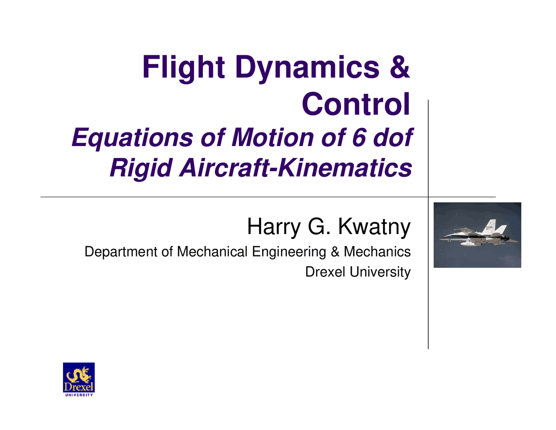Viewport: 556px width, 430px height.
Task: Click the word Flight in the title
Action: click(183, 67)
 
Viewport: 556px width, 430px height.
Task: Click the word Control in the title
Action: click(356, 104)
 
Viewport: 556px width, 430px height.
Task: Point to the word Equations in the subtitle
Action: click(132, 137)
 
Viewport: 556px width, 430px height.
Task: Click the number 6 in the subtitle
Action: click(359, 137)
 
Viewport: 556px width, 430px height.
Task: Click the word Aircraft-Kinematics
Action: click(295, 167)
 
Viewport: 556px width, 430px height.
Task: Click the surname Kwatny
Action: click(374, 227)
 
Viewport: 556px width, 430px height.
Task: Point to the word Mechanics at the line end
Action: click(377, 252)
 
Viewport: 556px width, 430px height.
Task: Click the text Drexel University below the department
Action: click(357, 272)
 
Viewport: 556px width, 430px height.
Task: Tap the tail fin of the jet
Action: click(491, 227)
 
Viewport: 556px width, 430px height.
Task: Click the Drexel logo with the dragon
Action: click(79, 379)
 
